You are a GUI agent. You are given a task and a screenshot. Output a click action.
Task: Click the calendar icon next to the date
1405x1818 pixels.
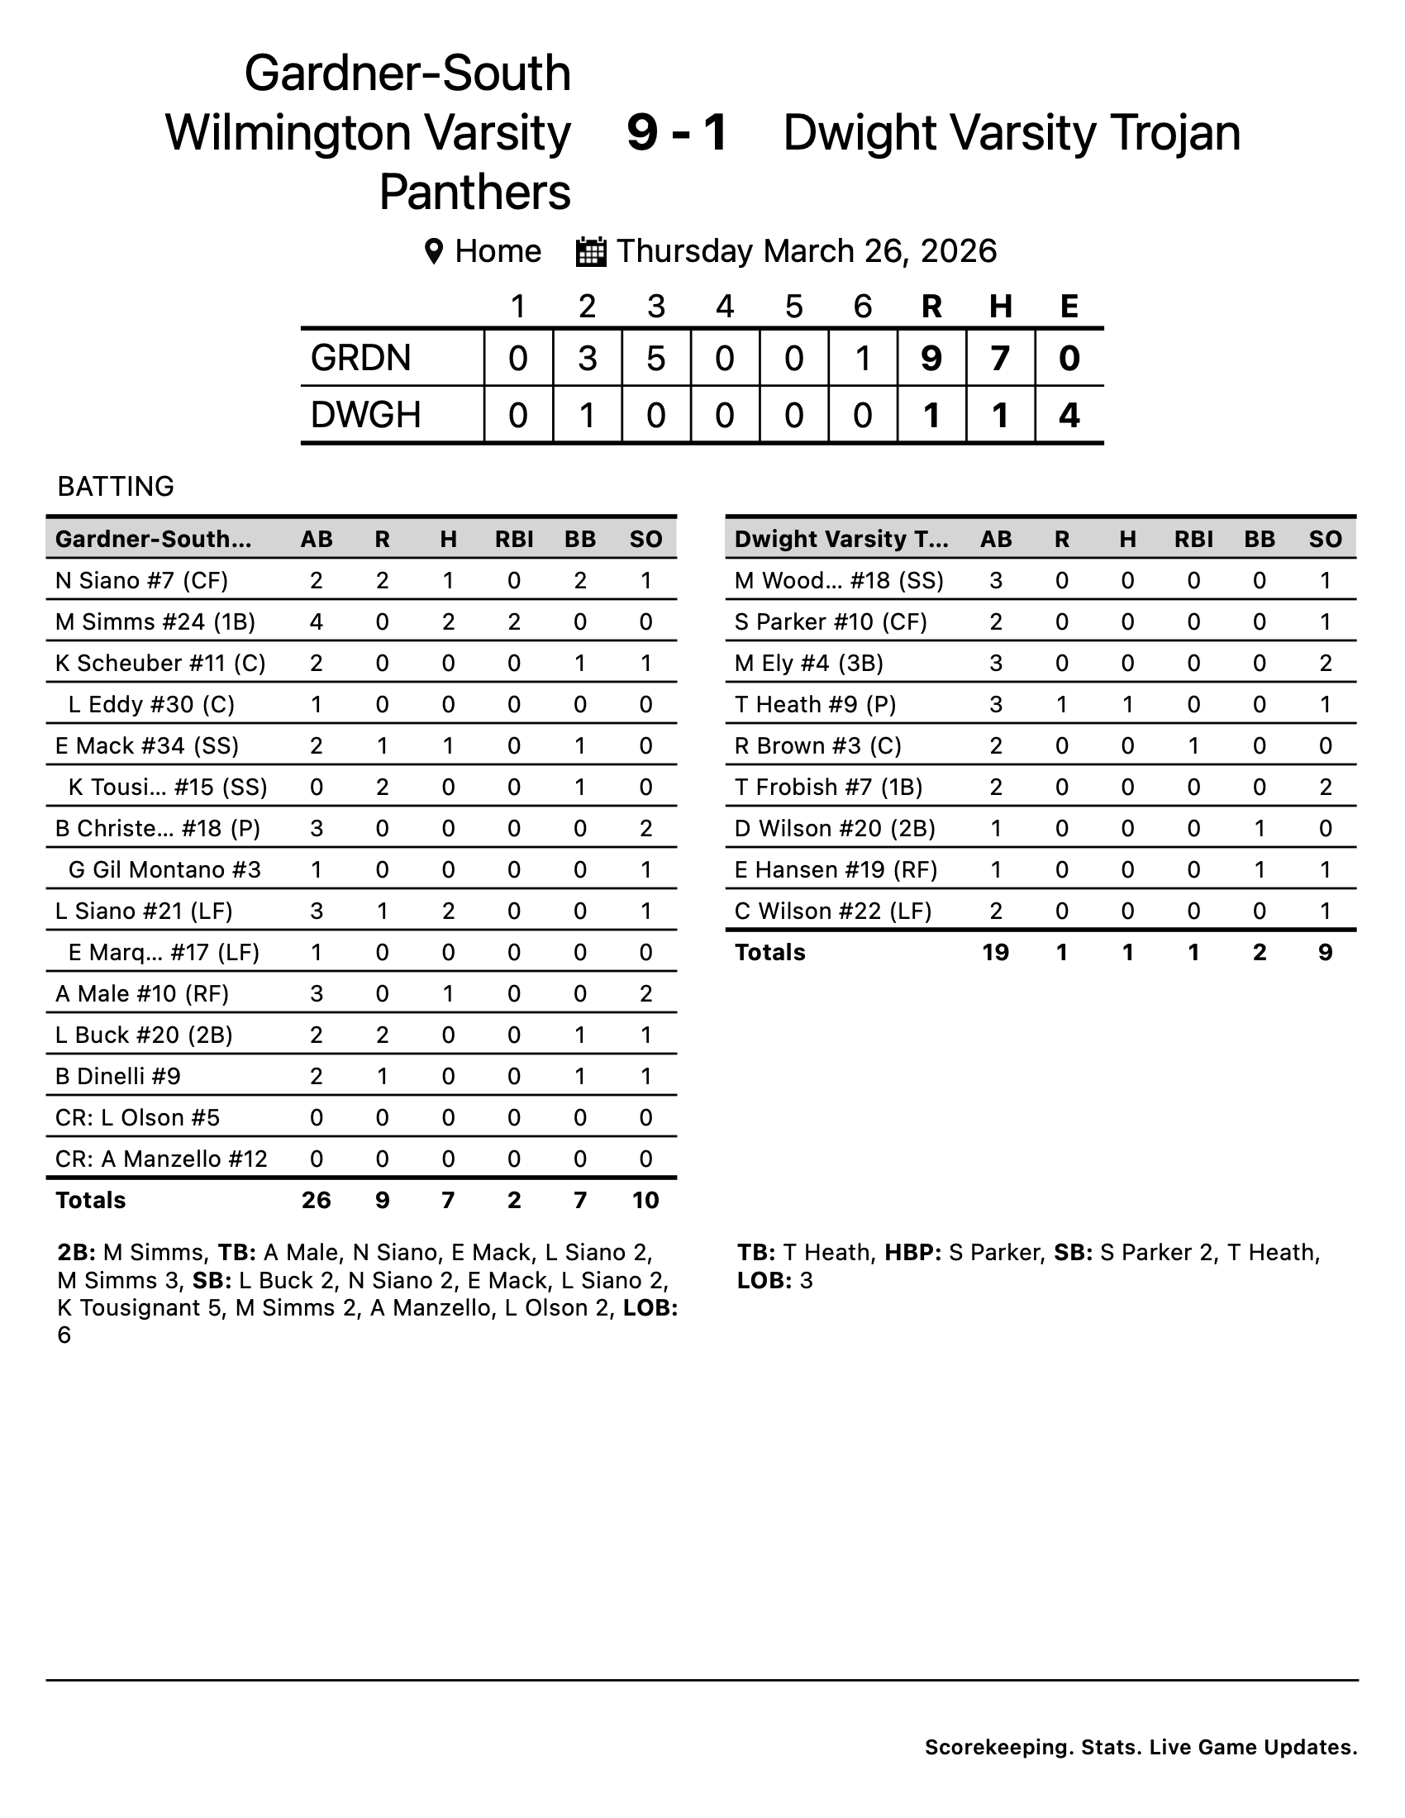591,251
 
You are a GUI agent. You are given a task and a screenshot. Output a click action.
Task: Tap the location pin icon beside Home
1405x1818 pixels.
433,251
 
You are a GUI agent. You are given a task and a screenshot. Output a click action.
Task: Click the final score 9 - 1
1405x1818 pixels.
677,132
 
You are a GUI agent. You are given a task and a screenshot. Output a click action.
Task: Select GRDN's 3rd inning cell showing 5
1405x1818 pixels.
656,358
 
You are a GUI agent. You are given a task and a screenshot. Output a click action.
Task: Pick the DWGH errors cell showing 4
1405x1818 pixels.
1069,415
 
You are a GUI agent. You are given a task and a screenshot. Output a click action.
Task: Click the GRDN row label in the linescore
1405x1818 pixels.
360,358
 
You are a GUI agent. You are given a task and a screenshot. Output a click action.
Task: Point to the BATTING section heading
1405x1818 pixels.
116,486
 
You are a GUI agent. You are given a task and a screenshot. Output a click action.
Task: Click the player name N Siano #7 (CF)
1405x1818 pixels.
141,580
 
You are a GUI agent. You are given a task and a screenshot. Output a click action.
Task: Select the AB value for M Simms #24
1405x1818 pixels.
317,621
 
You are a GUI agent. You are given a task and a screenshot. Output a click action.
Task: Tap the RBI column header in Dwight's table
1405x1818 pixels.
1193,539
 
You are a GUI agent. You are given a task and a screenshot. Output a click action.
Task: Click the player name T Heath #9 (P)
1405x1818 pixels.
815,704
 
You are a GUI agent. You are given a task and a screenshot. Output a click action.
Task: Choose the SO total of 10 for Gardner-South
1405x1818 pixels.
645,1200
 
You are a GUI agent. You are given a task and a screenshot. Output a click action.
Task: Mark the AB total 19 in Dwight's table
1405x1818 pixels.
996,951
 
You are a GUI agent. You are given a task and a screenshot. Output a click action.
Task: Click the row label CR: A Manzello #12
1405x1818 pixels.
161,1159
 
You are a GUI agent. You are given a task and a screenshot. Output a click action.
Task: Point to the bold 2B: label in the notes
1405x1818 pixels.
77,1252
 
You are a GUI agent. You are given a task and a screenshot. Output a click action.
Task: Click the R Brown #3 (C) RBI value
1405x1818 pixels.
1193,746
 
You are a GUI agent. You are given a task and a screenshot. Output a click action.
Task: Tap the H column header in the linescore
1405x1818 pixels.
1000,307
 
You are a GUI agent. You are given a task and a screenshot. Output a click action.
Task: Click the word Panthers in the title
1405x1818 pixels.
474,193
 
